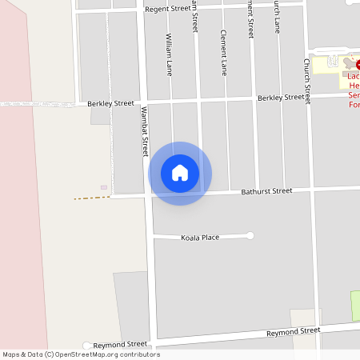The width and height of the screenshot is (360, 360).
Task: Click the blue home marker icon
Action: click(180, 173)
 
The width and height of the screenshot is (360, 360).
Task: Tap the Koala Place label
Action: click(200, 237)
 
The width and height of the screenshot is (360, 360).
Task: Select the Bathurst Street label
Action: click(266, 191)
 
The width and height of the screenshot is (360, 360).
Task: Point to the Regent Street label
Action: click(168, 9)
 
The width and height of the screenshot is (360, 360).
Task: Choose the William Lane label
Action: click(169, 54)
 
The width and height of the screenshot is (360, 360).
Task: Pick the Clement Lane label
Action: click(224, 53)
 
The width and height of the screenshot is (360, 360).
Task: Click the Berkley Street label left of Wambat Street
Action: click(111, 103)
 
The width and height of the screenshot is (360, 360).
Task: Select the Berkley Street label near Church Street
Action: click(281, 98)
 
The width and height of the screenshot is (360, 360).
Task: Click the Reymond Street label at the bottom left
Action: click(121, 344)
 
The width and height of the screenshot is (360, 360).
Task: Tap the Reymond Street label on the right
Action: click(294, 330)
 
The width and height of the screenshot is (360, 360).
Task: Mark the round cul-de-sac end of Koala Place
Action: click(250, 235)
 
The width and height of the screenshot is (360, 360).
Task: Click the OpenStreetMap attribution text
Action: click(80, 354)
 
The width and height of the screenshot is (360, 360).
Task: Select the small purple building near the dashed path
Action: click(104, 187)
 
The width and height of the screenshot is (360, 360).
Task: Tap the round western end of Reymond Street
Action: click(86, 346)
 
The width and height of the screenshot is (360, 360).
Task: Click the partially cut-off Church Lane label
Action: click(277, 16)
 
